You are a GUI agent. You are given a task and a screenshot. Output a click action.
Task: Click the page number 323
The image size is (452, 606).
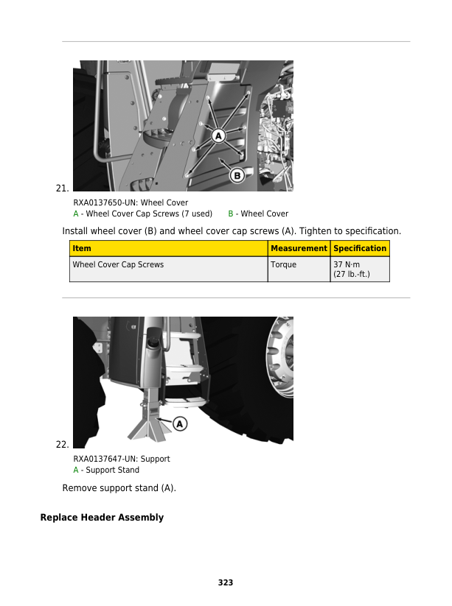coord(226,582)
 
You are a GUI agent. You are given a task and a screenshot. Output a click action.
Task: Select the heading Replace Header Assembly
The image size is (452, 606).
coord(102,518)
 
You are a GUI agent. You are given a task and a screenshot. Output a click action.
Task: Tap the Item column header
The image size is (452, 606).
coord(82,249)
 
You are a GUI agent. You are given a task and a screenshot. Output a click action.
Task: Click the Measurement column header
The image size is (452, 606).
coord(298,249)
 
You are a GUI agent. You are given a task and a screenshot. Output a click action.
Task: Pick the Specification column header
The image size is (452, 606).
coord(360,249)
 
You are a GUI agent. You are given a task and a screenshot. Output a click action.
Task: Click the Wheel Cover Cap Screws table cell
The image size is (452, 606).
coord(118,264)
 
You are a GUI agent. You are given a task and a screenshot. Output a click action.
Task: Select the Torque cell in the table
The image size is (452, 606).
coord(283,264)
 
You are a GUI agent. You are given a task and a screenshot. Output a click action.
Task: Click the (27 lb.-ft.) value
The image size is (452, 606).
coord(352,274)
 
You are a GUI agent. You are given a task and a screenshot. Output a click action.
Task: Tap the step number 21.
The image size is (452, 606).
coord(63,189)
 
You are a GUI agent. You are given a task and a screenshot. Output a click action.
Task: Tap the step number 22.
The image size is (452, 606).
coord(63,445)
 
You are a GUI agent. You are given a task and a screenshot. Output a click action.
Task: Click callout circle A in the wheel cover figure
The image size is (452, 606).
coord(219,135)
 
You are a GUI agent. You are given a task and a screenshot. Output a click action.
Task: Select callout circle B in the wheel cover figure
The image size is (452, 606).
coord(237,175)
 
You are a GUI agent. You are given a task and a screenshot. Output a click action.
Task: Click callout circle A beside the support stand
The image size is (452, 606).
coord(179,423)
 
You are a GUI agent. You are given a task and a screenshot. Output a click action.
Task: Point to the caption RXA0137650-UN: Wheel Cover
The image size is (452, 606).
coord(131,202)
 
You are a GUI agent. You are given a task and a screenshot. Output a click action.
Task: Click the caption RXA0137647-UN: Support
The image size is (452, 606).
coord(122,459)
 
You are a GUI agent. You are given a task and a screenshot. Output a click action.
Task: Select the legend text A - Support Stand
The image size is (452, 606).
coord(106,470)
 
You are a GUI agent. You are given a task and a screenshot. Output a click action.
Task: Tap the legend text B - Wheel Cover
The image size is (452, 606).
coord(258,214)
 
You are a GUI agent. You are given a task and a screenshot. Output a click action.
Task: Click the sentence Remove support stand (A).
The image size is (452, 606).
coord(119,488)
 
